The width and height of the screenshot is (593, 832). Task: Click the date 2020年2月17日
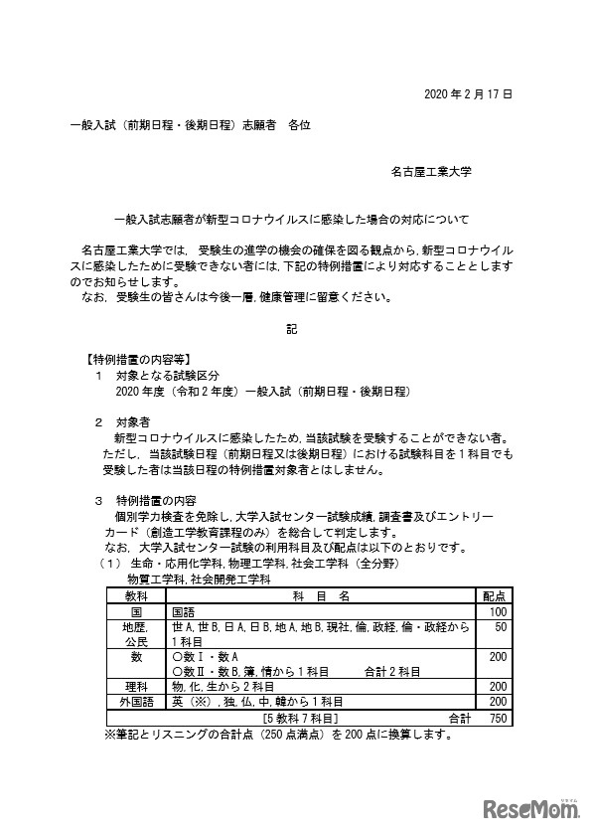click(x=467, y=95)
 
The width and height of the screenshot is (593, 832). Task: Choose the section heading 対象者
click(x=136, y=421)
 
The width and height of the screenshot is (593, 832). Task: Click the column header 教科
click(x=136, y=595)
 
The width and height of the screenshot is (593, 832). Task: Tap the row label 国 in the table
click(x=136, y=612)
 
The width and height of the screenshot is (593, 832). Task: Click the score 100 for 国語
click(x=498, y=612)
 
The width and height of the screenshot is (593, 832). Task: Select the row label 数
click(x=136, y=657)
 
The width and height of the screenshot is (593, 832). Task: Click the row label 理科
click(x=136, y=686)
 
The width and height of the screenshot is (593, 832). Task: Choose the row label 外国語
click(x=136, y=701)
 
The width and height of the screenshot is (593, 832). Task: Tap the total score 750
click(x=498, y=716)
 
